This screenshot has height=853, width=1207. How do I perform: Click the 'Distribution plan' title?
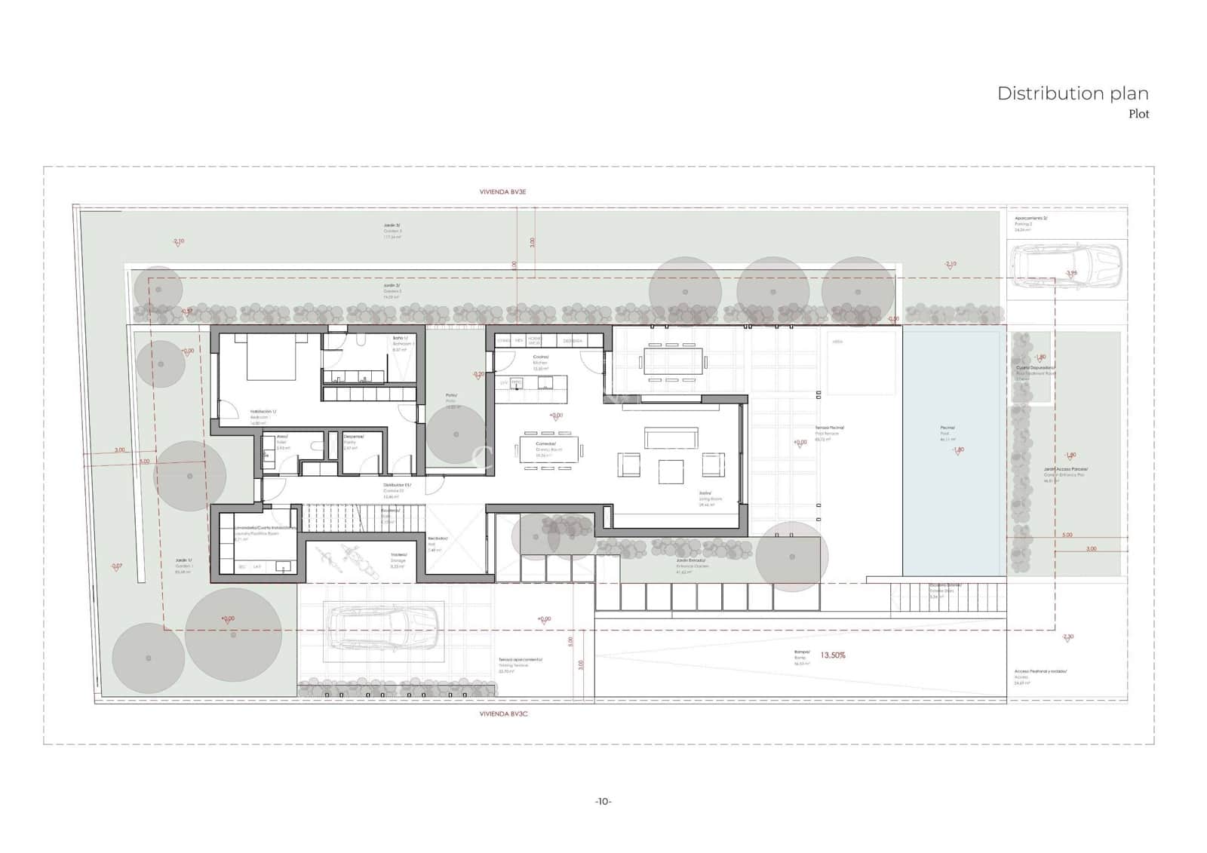pyautogui.click(x=1072, y=94)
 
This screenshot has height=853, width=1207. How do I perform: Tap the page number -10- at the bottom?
pyautogui.click(x=603, y=801)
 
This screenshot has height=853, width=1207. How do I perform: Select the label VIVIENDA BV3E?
pyautogui.click(x=502, y=192)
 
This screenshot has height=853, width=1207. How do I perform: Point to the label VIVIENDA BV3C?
pyautogui.click(x=503, y=713)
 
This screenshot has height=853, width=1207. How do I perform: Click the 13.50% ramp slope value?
pyautogui.click(x=833, y=655)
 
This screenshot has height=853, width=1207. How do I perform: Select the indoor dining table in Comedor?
pyautogui.click(x=549, y=450)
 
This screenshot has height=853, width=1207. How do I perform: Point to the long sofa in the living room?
pyautogui.click(x=671, y=438)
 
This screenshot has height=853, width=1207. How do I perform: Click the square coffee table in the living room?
pyautogui.click(x=671, y=472)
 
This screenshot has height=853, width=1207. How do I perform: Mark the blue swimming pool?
pyautogui.click(x=954, y=453)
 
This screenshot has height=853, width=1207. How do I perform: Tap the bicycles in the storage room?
pyautogui.click(x=337, y=558)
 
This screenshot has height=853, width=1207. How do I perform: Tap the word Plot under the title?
pyautogui.click(x=1138, y=114)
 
